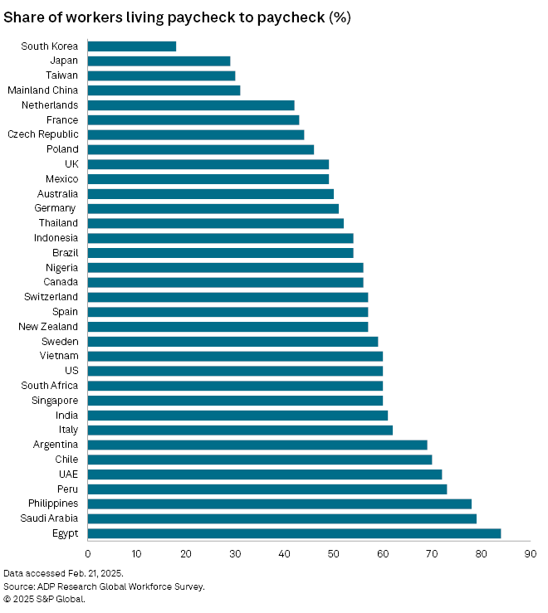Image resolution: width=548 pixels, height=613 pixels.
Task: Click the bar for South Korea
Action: tap(132, 46)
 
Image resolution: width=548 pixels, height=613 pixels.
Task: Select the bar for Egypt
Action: tap(294, 533)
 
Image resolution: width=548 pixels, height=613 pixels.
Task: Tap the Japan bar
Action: tap(159, 61)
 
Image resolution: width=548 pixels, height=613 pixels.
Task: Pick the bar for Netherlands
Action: tap(191, 105)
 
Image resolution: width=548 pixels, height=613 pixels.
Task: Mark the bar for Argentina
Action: tap(257, 445)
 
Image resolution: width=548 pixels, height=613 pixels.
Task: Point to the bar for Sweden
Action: tap(232, 341)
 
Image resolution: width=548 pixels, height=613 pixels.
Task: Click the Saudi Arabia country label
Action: tap(51, 518)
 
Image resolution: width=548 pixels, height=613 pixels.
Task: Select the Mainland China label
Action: tap(42, 90)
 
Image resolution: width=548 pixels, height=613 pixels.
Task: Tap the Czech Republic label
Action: tap(43, 134)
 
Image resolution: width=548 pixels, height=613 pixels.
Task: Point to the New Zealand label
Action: tap(48, 327)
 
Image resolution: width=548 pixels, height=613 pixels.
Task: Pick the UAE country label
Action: tap(67, 474)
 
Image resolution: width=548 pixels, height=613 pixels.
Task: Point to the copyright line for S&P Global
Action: tap(44, 599)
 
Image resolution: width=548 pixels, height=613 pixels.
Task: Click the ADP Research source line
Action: tap(104, 586)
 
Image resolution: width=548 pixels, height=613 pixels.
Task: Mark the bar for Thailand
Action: tap(215, 223)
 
